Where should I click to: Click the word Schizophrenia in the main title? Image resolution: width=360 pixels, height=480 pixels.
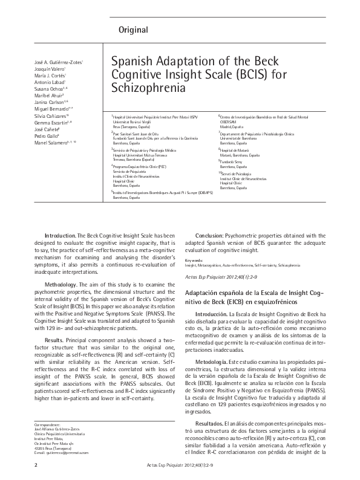tap(143, 88)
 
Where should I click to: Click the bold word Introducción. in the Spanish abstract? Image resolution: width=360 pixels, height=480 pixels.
tap(211, 314)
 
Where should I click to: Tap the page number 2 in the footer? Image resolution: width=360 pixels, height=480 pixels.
tap(36, 465)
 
